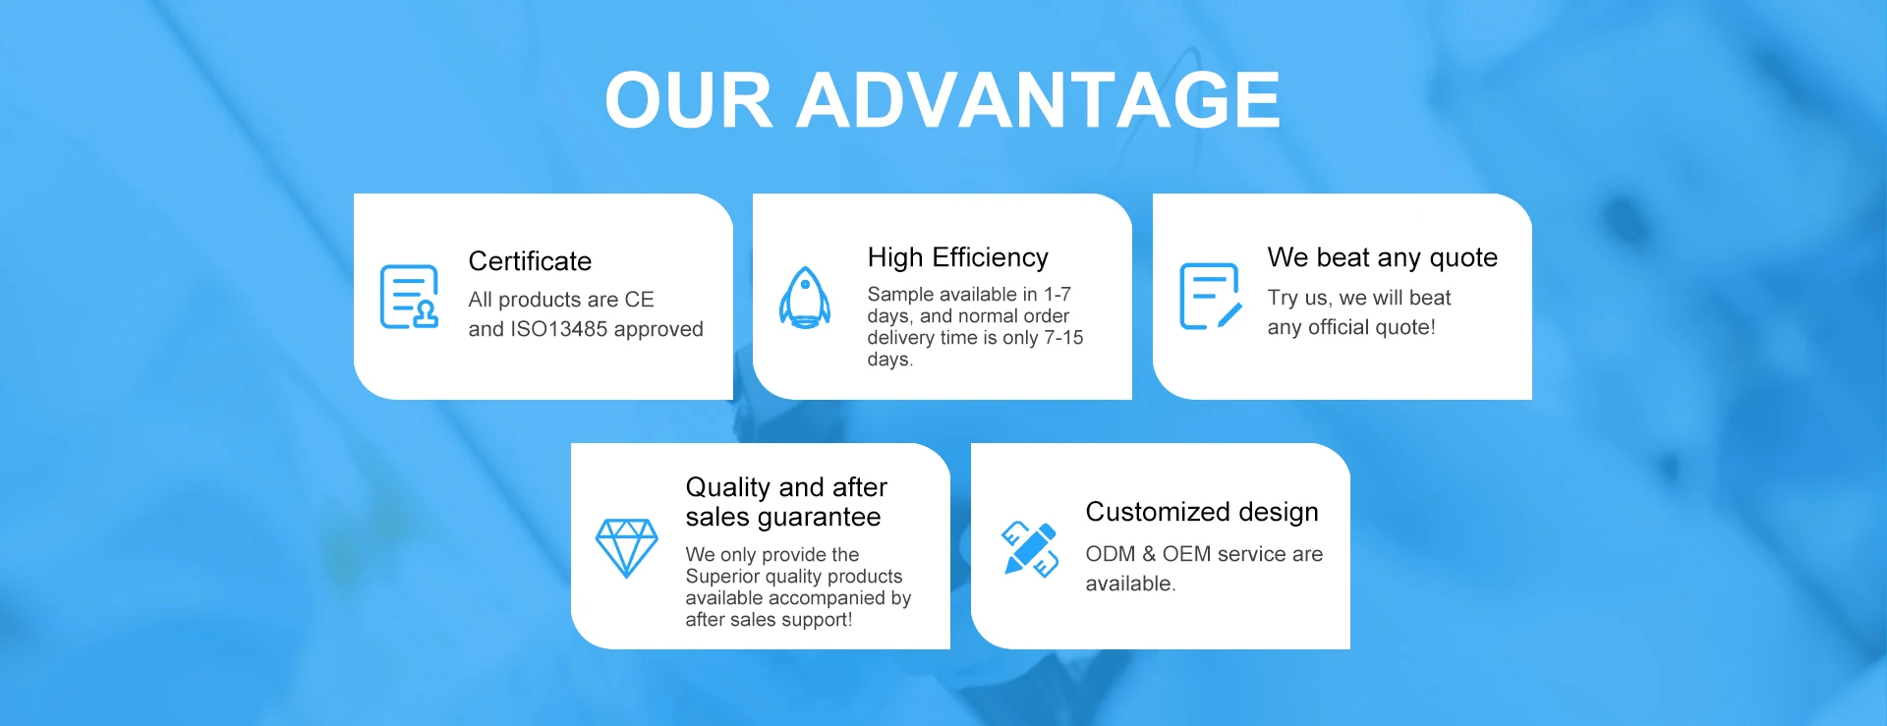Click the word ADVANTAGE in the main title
(x=1038, y=100)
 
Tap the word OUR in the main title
(x=689, y=100)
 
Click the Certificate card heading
(x=530, y=261)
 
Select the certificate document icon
(x=409, y=297)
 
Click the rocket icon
(x=805, y=297)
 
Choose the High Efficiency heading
(x=958, y=257)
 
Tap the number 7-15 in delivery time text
(x=1063, y=338)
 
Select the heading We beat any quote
(x=1383, y=257)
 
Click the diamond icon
(x=627, y=548)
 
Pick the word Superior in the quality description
(x=721, y=578)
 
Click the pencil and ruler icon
(x=1030, y=548)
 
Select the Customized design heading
(x=1202, y=512)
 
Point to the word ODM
(x=1111, y=554)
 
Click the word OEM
(x=1187, y=554)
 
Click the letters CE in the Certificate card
(x=639, y=300)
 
